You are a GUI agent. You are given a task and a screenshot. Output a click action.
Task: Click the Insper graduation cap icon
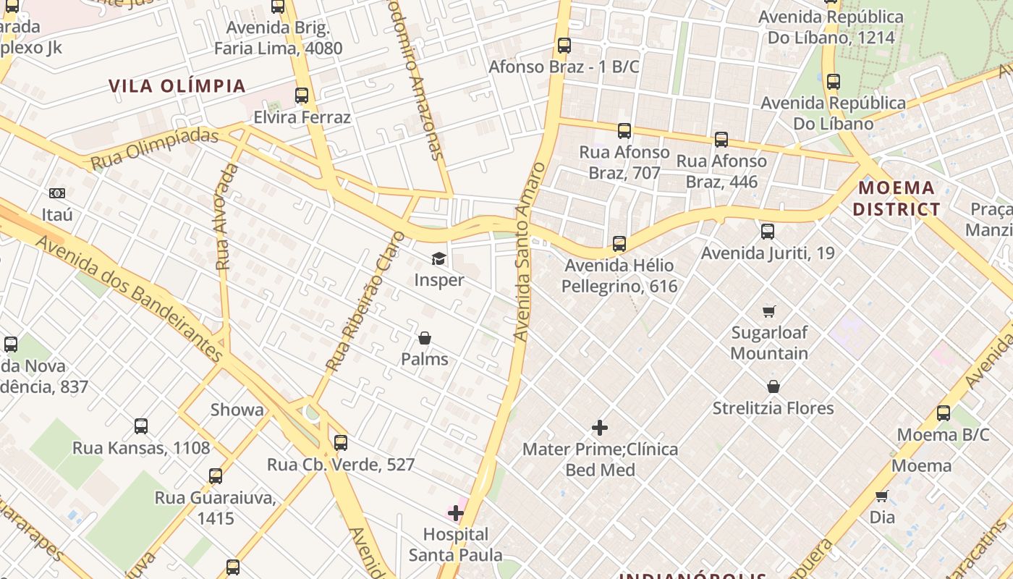click(x=438, y=258)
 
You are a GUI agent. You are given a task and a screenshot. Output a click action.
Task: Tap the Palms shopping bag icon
click(x=425, y=338)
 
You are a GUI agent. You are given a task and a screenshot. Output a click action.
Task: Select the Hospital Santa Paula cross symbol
click(x=455, y=513)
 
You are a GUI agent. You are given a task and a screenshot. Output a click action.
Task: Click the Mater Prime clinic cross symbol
click(x=600, y=428)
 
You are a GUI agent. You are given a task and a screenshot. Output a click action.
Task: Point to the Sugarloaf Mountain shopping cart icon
click(x=768, y=311)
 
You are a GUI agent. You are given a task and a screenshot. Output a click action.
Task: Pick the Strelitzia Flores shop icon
click(x=773, y=386)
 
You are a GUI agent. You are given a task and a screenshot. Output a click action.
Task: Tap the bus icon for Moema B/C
click(x=944, y=413)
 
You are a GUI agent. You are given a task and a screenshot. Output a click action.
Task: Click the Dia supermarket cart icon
click(x=882, y=496)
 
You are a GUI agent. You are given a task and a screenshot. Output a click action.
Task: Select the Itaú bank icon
click(x=57, y=193)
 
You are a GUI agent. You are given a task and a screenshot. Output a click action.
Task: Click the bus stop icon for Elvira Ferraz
click(x=302, y=96)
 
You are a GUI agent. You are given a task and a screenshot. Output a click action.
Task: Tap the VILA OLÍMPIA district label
click(x=177, y=86)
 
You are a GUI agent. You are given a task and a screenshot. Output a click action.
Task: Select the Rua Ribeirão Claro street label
click(x=365, y=302)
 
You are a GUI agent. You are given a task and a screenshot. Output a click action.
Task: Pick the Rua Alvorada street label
click(x=226, y=217)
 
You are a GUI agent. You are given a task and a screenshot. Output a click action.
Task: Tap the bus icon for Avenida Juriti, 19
click(x=768, y=232)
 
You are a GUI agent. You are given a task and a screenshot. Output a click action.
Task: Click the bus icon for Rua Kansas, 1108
click(x=141, y=426)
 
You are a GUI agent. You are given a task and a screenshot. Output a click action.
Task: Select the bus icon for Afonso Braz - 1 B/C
click(x=564, y=46)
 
